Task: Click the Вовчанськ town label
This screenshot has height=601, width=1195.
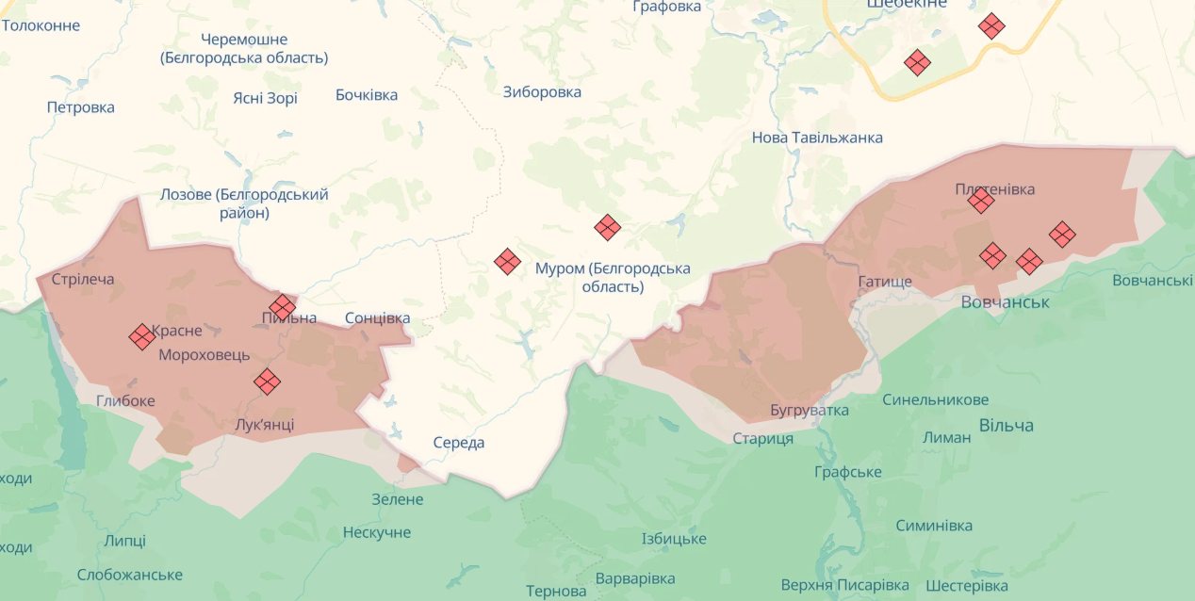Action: [1005, 301]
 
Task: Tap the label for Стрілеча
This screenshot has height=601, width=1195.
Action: [83, 279]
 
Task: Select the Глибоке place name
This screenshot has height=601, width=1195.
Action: [125, 400]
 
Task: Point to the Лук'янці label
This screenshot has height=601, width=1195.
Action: [264, 424]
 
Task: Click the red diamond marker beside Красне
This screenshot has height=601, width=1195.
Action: [142, 336]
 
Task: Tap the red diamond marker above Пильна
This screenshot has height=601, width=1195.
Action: [282, 306]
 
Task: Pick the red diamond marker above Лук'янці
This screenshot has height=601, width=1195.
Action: [268, 381]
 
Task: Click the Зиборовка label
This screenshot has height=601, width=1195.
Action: [542, 91]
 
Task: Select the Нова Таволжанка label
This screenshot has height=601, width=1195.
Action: [817, 138]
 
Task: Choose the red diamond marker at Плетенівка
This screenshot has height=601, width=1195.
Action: [981, 201]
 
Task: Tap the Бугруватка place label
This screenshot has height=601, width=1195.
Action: [809, 410]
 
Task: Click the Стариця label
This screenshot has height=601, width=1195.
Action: [763, 438]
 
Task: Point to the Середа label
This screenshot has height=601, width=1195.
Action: [459, 442]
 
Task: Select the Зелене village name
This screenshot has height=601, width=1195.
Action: [398, 499]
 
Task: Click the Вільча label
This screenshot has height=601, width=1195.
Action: [1006, 425]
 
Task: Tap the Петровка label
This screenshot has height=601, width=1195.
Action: [81, 106]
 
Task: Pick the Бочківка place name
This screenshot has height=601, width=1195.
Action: [367, 94]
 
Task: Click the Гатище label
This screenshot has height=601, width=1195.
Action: [885, 282]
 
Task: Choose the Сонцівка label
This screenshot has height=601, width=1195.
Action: [378, 317]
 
